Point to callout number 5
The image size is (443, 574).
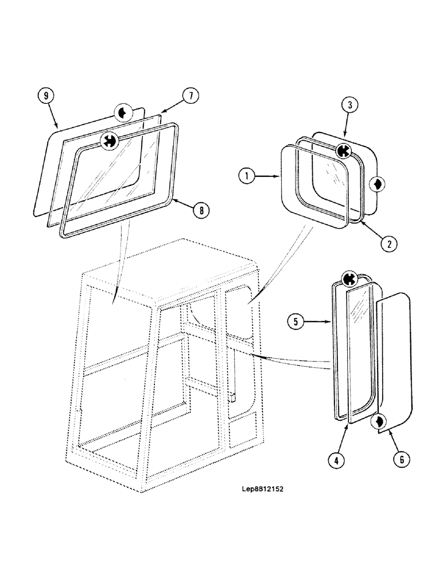(x=296, y=323)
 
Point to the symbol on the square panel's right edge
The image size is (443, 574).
(x=378, y=184)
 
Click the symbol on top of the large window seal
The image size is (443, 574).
(x=108, y=141)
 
